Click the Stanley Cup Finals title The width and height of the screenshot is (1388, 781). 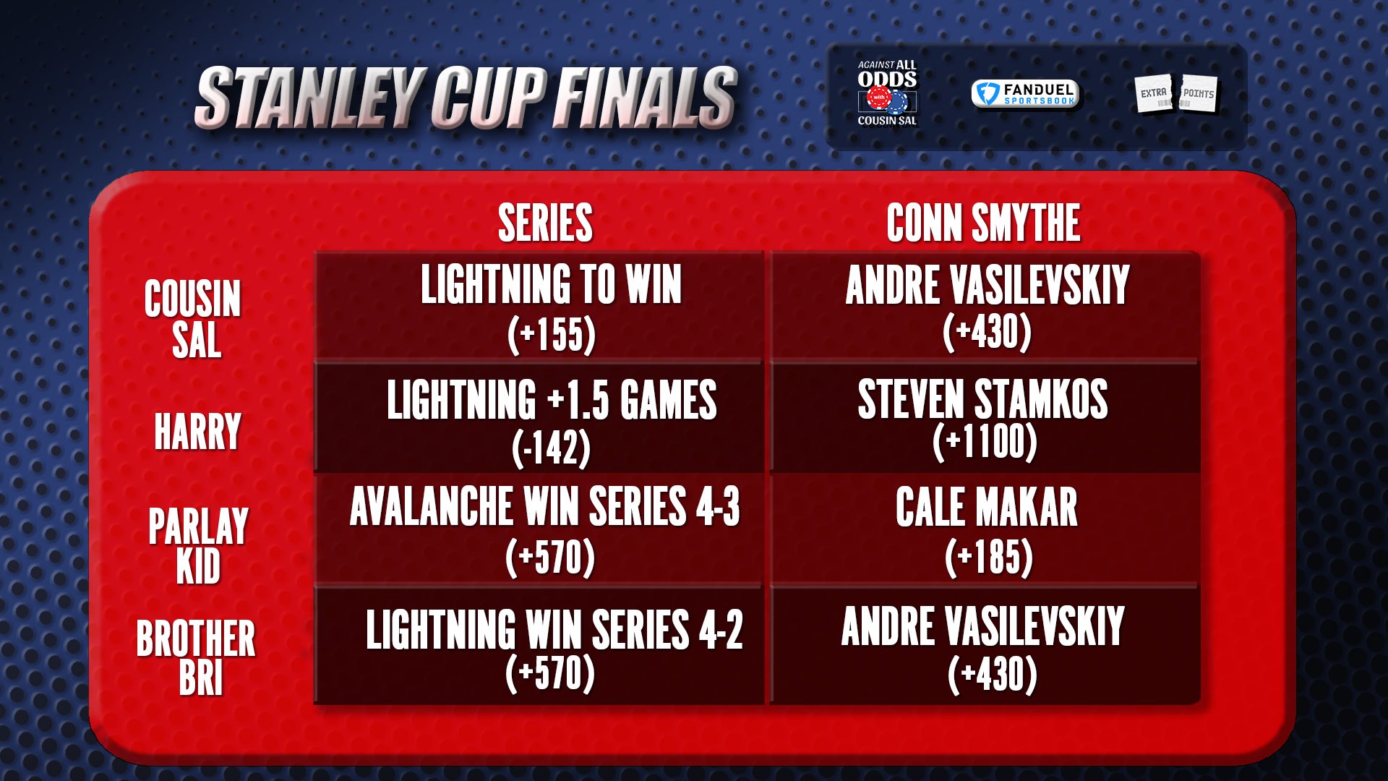[466, 98]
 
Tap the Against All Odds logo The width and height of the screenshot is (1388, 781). [887, 93]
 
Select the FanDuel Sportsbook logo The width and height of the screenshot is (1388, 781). [1025, 94]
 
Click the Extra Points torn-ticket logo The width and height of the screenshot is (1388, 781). [1176, 94]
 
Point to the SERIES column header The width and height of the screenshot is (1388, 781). [546, 223]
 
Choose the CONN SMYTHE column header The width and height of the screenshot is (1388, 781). [983, 223]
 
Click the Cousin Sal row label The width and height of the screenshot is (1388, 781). [193, 318]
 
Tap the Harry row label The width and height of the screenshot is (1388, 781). [197, 431]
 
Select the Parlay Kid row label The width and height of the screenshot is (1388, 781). [198, 545]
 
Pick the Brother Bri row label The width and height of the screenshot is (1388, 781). [196, 657]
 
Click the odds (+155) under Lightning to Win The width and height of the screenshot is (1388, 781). [552, 335]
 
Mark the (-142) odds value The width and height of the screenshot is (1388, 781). [551, 448]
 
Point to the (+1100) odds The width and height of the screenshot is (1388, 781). [985, 442]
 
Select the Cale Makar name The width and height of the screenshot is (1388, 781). [987, 507]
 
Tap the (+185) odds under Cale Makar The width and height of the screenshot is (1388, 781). [989, 558]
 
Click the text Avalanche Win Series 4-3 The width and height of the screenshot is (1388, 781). [545, 506]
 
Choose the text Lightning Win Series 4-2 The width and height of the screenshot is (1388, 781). [554, 629]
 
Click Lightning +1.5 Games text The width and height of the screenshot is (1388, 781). [552, 400]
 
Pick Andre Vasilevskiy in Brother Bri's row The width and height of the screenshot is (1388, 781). [983, 626]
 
